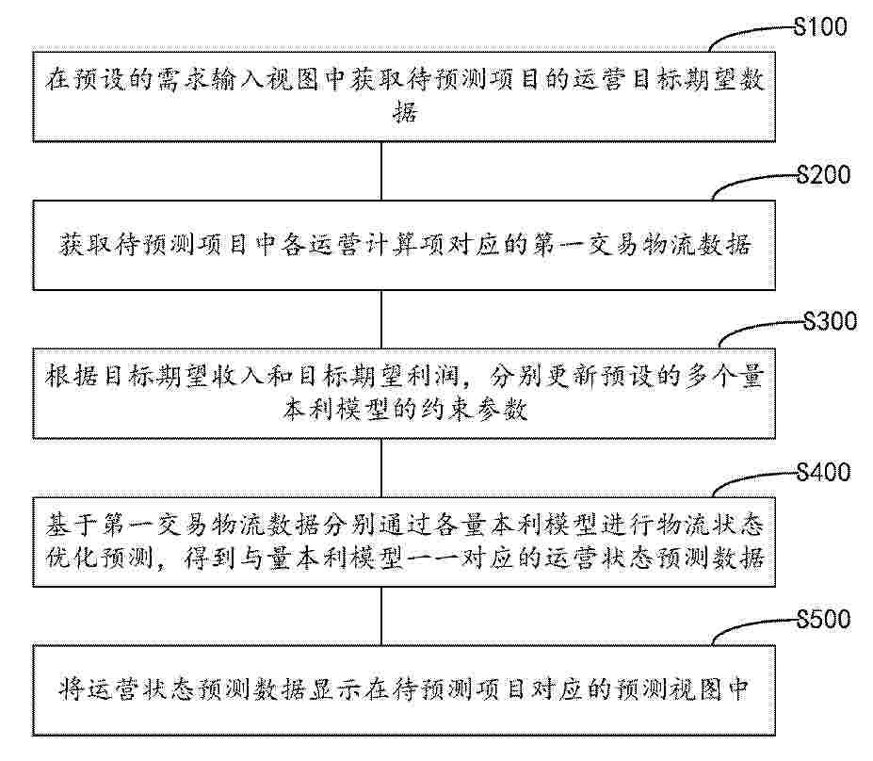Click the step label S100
(x=820, y=26)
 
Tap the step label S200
(x=823, y=175)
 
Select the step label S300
(x=830, y=321)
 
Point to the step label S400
(x=823, y=472)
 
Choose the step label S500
(x=823, y=619)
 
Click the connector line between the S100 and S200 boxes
(x=381, y=170)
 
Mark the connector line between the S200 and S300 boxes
(x=381, y=319)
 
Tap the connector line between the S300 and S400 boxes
(x=381, y=468)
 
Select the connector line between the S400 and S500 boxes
(x=381, y=616)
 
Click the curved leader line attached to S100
(x=740, y=31)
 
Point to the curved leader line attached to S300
(x=752, y=326)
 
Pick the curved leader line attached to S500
(x=745, y=624)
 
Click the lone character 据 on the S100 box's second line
(x=405, y=112)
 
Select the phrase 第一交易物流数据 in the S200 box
(x=641, y=245)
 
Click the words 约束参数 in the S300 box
(x=475, y=410)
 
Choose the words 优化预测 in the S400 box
(x=99, y=558)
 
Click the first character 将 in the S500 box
(x=72, y=689)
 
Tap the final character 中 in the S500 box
(x=738, y=689)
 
